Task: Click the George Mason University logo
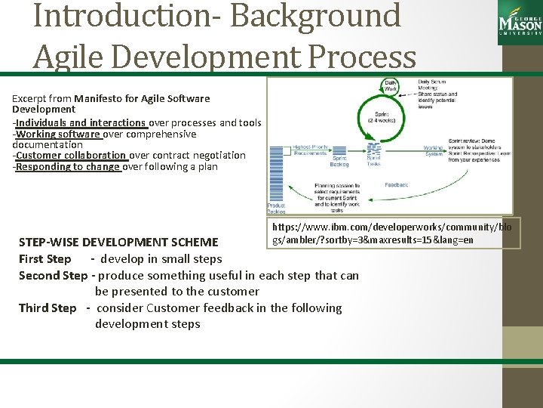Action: (520, 23)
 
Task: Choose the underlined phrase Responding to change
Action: (69, 166)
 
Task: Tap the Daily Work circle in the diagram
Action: (392, 85)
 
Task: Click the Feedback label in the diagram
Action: (396, 184)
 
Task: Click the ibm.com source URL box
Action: (391, 233)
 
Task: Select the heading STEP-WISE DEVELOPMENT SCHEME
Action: (118, 243)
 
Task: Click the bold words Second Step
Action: (53, 276)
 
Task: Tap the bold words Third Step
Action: (48, 308)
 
